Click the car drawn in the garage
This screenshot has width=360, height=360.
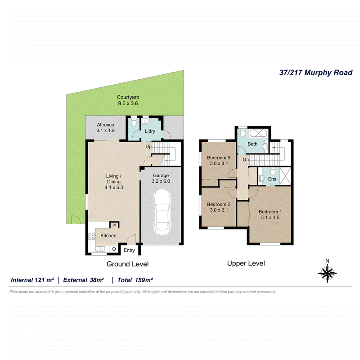pyautogui.click(x=162, y=212)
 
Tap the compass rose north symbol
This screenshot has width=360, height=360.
pyautogui.click(x=327, y=271)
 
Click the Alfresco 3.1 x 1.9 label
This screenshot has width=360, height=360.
pyautogui.click(x=105, y=128)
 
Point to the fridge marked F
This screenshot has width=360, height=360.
pyautogui.click(x=115, y=225)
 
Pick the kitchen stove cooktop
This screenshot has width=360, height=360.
pyautogui.click(x=92, y=237)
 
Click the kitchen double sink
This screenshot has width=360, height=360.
pyautogui.click(x=100, y=249)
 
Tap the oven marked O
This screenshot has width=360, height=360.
pyautogui.click(x=114, y=249)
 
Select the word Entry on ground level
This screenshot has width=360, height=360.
pyautogui.click(x=129, y=250)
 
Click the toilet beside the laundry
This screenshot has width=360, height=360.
pyautogui.click(x=134, y=121)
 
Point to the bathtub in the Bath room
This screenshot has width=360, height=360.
pyautogui.click(x=258, y=133)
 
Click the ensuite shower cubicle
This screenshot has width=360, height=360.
pyautogui.click(x=285, y=176)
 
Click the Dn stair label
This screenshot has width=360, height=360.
pyautogui.click(x=246, y=160)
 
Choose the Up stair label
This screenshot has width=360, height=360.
pyautogui.click(x=148, y=147)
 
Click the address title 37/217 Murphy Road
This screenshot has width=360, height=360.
pyautogui.click(x=316, y=72)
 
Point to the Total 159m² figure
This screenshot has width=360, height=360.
pyautogui.click(x=135, y=280)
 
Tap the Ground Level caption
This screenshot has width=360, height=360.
pyautogui.click(x=127, y=264)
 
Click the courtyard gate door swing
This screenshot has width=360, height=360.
pyautogui.click(x=76, y=220)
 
